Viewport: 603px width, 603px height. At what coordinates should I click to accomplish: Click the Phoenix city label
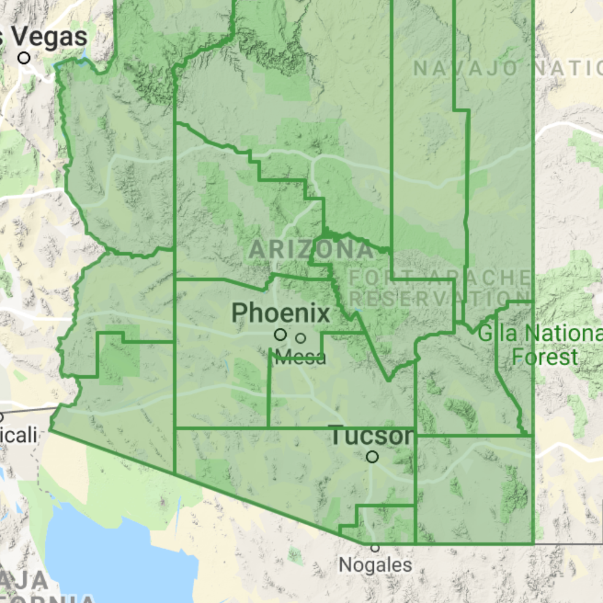point(280,314)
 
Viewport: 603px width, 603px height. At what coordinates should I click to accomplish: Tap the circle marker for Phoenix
point(280,335)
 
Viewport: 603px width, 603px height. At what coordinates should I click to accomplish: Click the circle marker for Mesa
point(300,338)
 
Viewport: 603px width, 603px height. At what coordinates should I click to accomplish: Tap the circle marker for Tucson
point(372,457)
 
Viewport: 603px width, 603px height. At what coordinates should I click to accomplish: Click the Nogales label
point(375,564)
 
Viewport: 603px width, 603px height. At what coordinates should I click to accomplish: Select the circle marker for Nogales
point(375,548)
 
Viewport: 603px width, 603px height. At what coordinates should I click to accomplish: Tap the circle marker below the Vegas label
point(24,58)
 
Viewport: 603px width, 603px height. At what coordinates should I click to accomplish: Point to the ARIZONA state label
point(311,249)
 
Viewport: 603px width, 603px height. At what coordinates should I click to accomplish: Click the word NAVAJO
point(465,69)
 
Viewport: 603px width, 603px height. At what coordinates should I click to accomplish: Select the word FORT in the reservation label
point(373,278)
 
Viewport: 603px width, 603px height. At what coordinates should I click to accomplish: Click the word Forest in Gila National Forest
point(545,356)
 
